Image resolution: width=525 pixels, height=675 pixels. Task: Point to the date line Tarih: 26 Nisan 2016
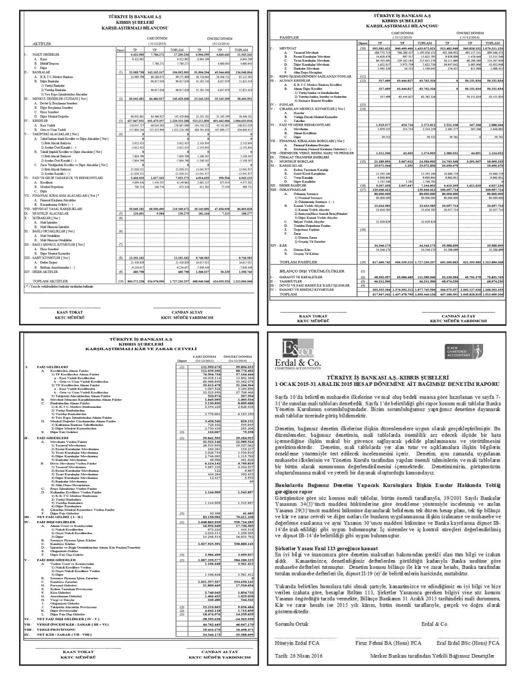[x=299, y=656]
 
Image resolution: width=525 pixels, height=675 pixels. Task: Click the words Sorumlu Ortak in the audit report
[x=292, y=624]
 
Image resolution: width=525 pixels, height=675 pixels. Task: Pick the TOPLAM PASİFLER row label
[x=299, y=262]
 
